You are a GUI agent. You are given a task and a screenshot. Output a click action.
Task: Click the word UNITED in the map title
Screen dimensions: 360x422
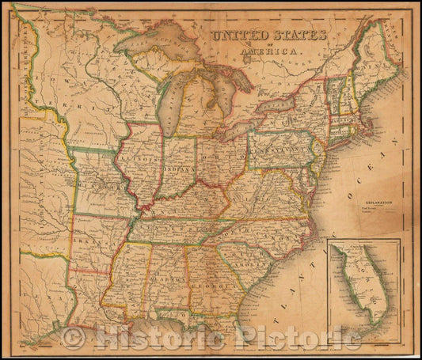pos(237,36)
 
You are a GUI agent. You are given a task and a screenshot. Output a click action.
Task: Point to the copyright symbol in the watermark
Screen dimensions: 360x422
pos(74,339)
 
